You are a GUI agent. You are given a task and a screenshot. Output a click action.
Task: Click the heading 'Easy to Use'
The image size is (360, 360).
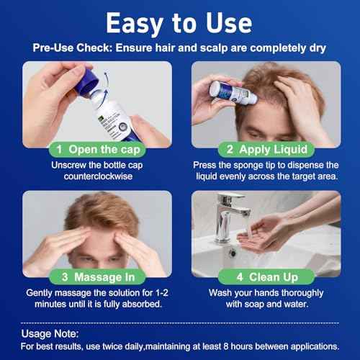click(179, 23)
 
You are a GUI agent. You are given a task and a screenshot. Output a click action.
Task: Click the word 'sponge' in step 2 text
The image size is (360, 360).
click(249, 165)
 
